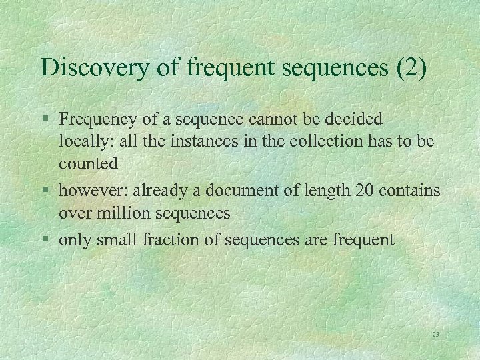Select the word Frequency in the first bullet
(98, 120)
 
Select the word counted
(89, 163)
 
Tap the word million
(118, 213)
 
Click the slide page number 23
(435, 334)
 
